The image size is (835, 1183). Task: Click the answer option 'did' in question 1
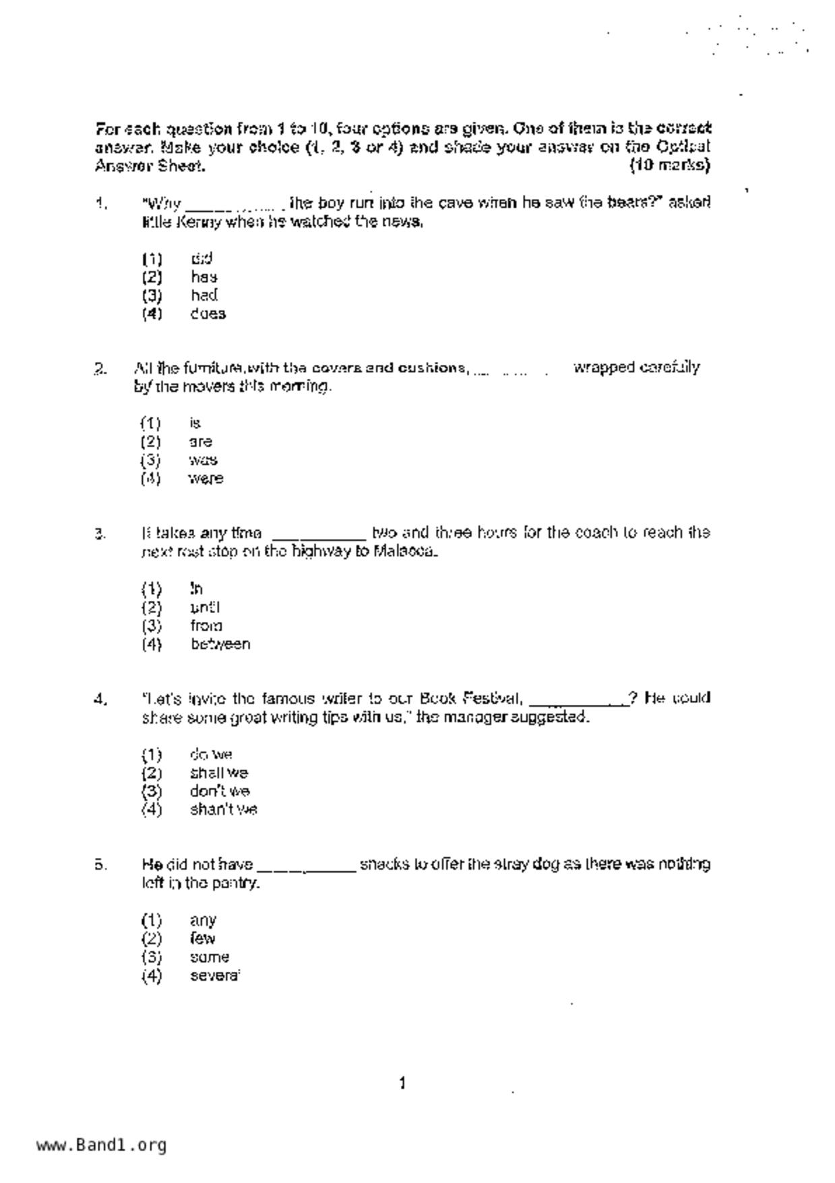pyautogui.click(x=202, y=258)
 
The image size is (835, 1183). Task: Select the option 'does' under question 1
pyautogui.click(x=208, y=314)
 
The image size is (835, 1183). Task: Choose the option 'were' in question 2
pyautogui.click(x=206, y=479)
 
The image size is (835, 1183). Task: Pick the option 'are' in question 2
pyautogui.click(x=201, y=442)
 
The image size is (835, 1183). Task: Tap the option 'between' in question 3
pyautogui.click(x=220, y=644)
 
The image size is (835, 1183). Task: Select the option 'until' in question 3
pyautogui.click(x=205, y=607)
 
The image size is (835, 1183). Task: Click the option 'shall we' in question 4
pyautogui.click(x=218, y=773)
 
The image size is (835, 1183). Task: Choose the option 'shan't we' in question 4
pyautogui.click(x=223, y=809)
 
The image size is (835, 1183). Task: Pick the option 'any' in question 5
pyautogui.click(x=203, y=920)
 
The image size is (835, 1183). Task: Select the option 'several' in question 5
pyautogui.click(x=214, y=975)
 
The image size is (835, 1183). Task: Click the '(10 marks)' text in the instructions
pyautogui.click(x=670, y=165)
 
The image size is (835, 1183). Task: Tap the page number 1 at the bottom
pyautogui.click(x=402, y=1084)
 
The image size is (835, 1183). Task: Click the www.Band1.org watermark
pyautogui.click(x=102, y=1145)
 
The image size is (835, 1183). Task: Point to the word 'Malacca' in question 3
pyautogui.click(x=404, y=552)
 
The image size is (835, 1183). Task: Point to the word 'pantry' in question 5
pyautogui.click(x=234, y=883)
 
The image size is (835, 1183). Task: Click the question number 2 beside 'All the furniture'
pyautogui.click(x=100, y=368)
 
